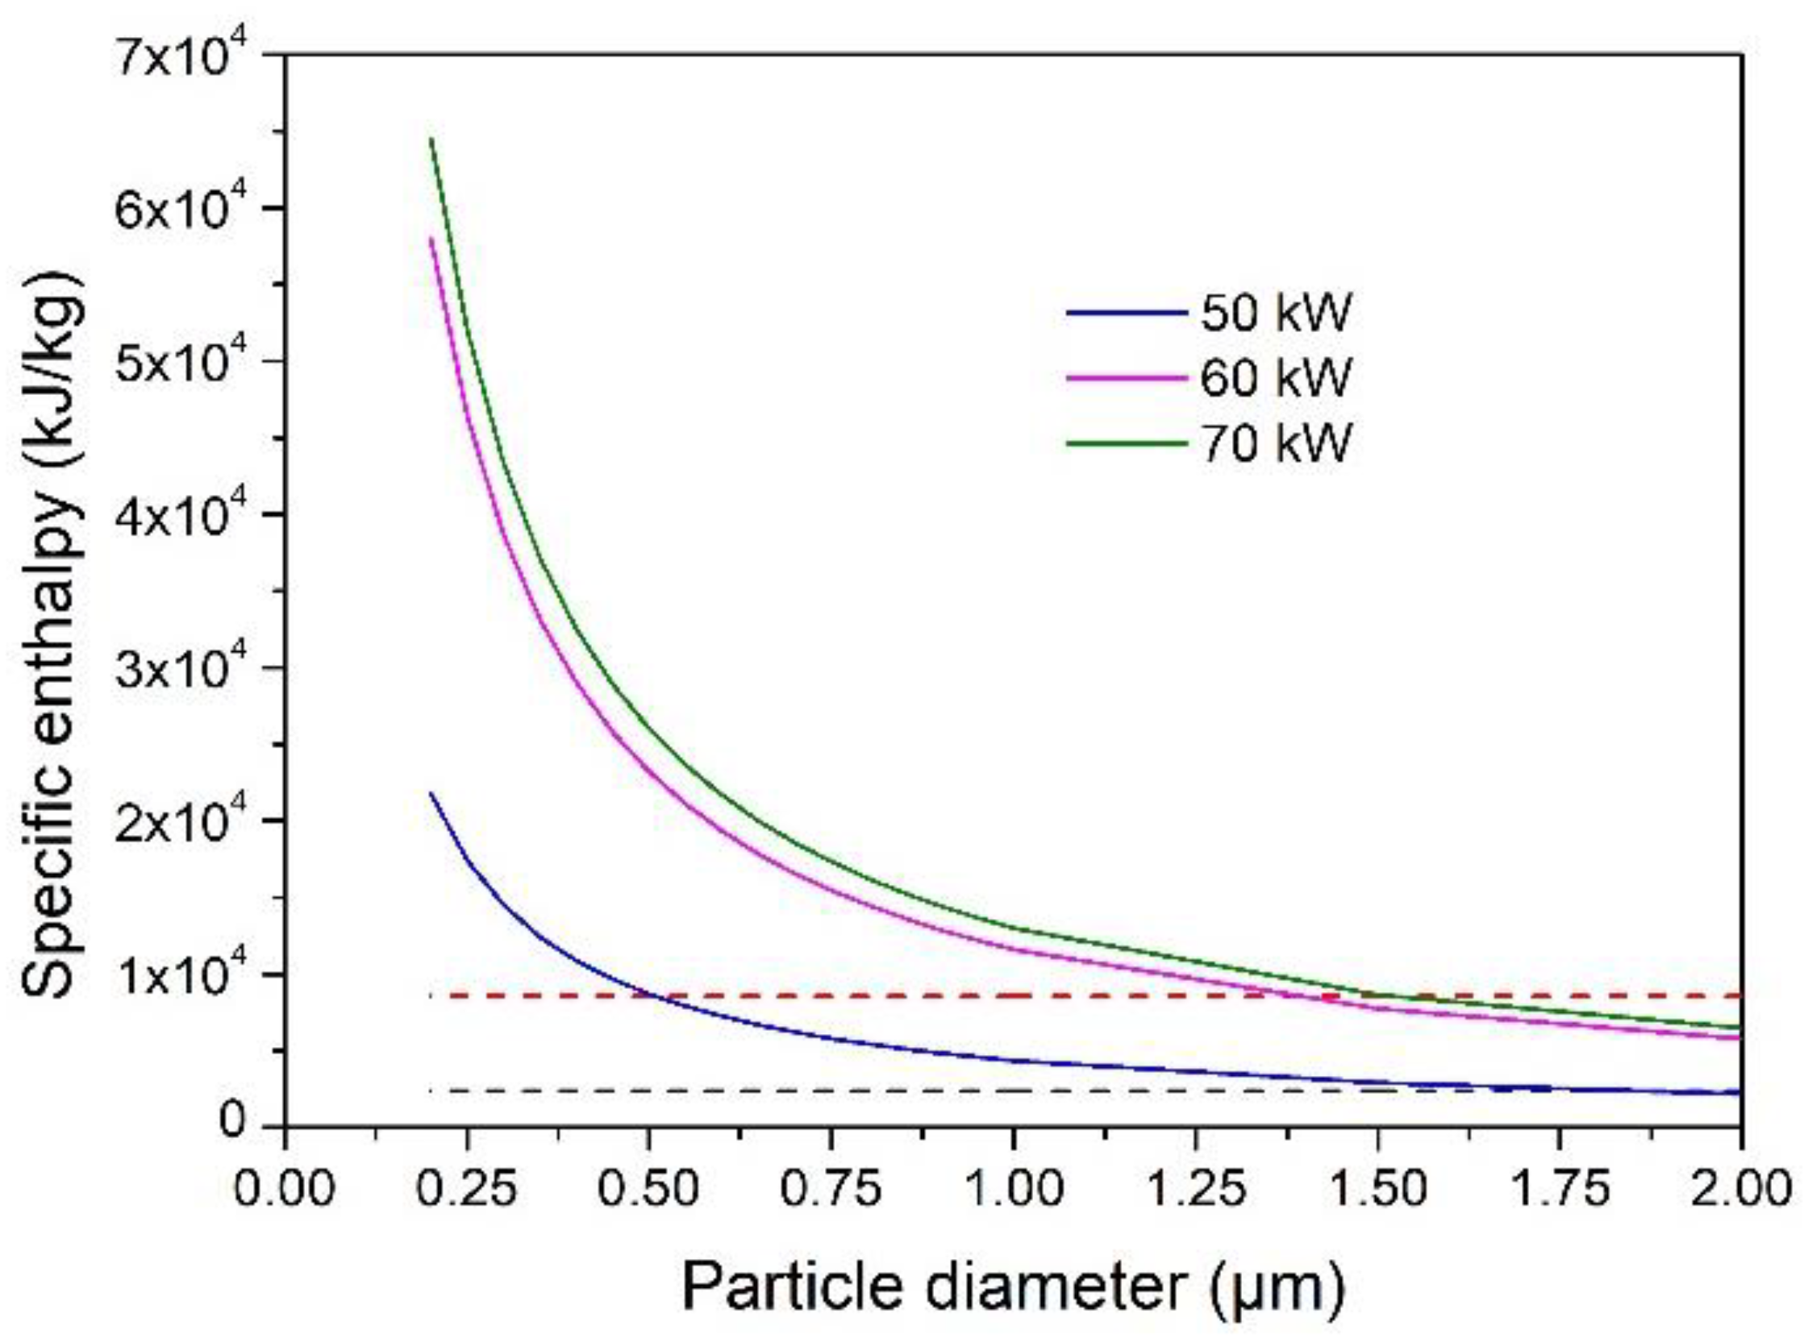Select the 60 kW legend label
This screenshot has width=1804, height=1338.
(x=1275, y=377)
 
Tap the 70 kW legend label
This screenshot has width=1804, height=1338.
(x=1275, y=443)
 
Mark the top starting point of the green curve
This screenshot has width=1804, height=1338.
(x=431, y=139)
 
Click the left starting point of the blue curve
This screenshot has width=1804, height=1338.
(x=431, y=793)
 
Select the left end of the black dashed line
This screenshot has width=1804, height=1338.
(x=431, y=1091)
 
